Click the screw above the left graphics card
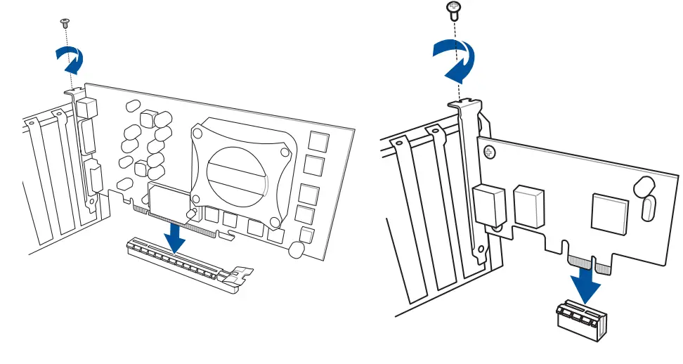pyautogui.click(x=65, y=22)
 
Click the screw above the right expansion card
pyautogui.click(x=454, y=9)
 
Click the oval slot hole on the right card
pyautogui.click(x=649, y=209)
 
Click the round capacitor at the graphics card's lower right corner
pyautogui.click(x=297, y=249)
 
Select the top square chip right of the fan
pyautogui.click(x=318, y=141)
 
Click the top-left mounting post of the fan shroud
pyautogui.click(x=199, y=131)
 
